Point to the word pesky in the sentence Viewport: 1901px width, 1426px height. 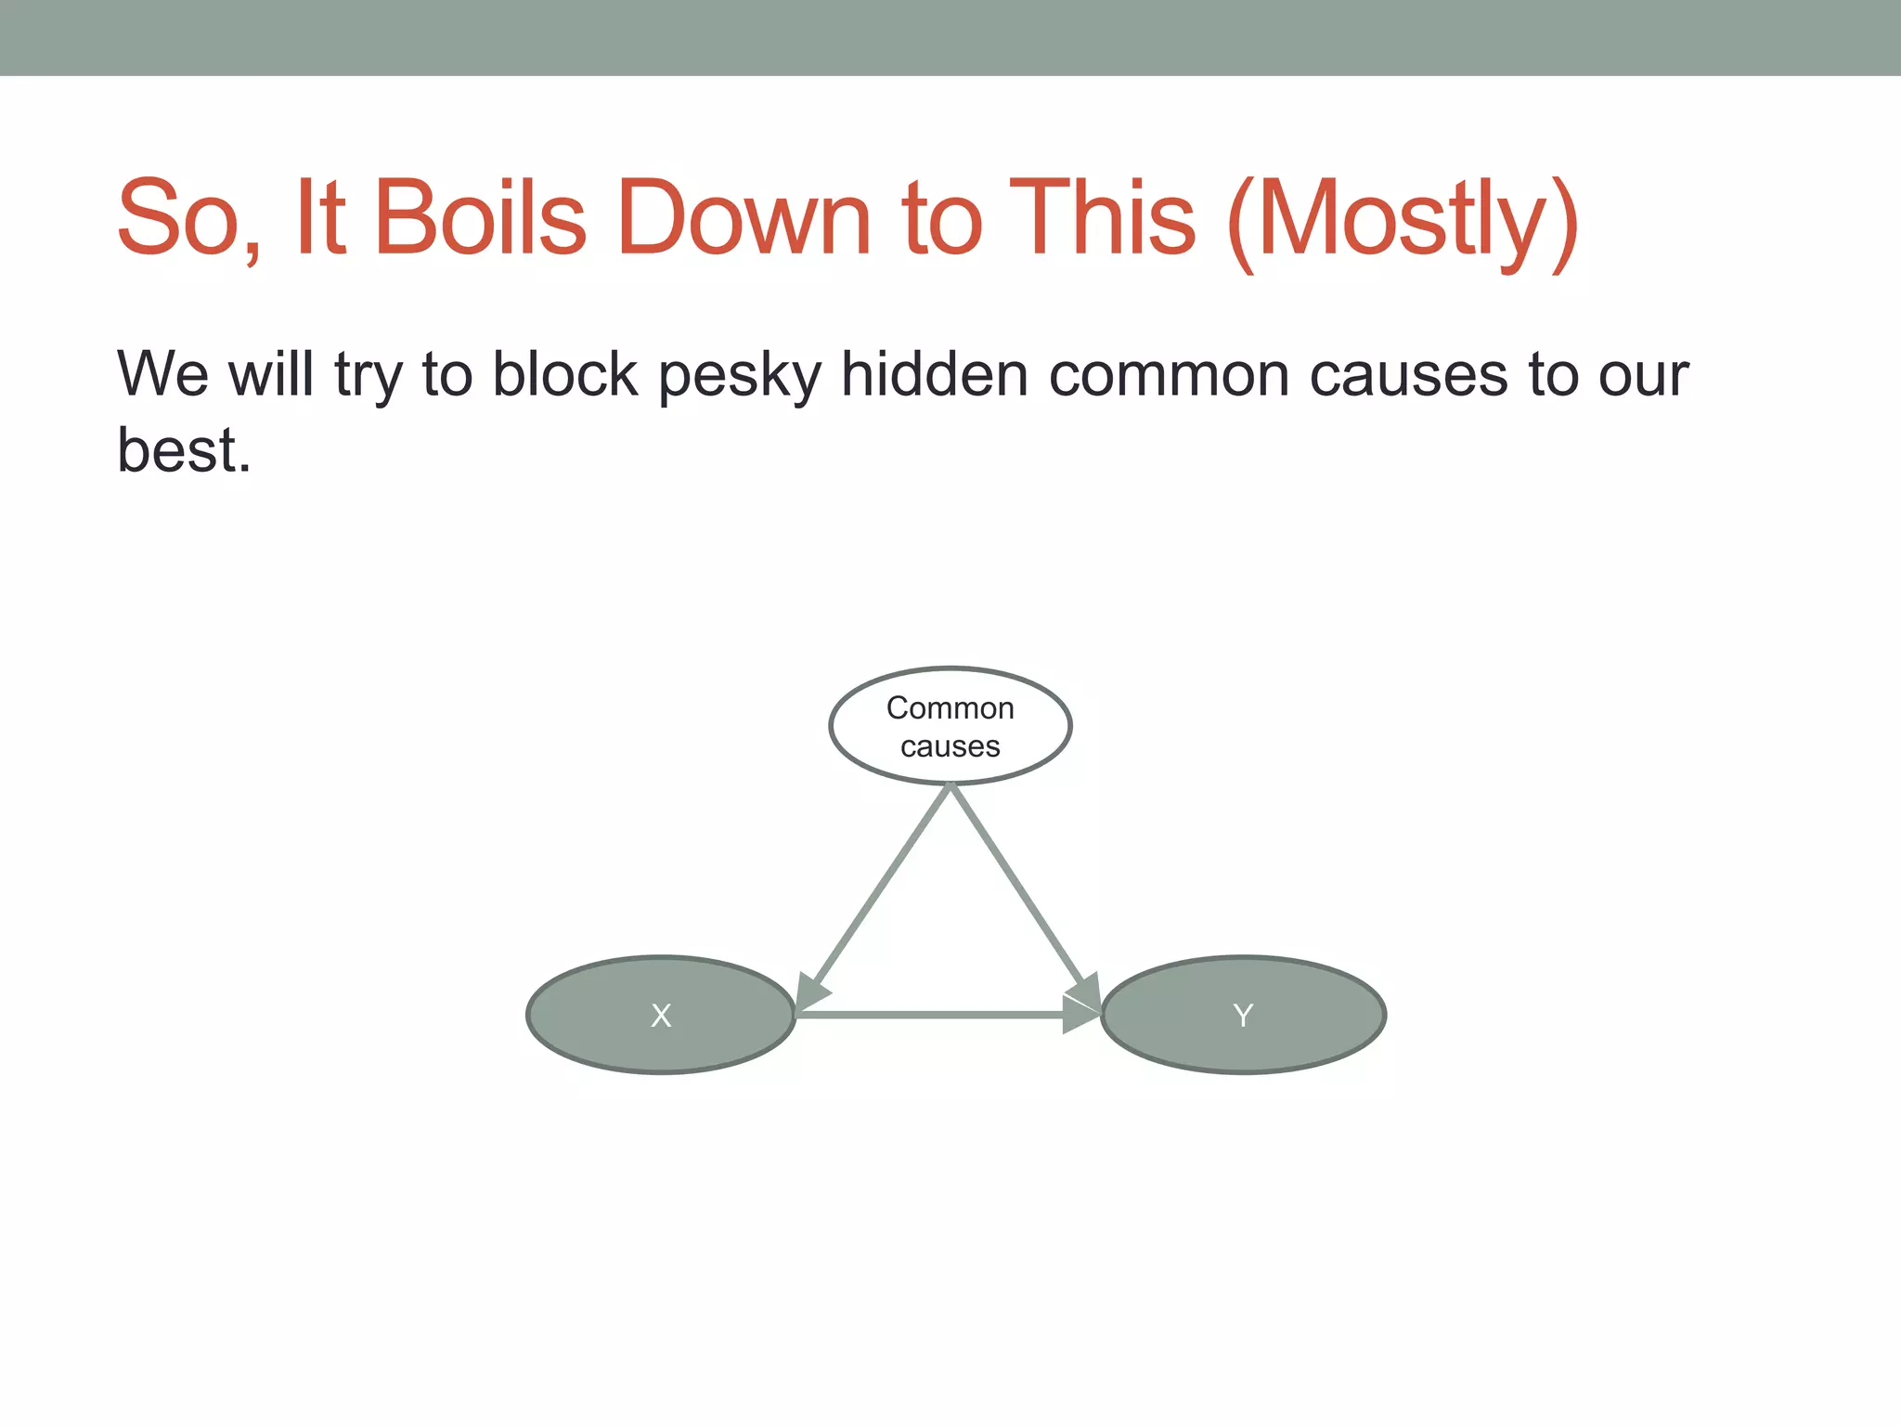point(740,377)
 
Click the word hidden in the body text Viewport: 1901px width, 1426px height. point(934,375)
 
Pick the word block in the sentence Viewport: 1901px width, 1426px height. point(564,375)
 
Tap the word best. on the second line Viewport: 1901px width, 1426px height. point(184,451)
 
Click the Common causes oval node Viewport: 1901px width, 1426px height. point(950,726)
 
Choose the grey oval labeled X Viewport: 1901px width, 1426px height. point(660,1015)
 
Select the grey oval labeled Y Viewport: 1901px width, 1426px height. point(1243,1015)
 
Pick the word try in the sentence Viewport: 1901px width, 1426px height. point(368,377)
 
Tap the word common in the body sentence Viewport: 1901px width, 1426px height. point(1169,377)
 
